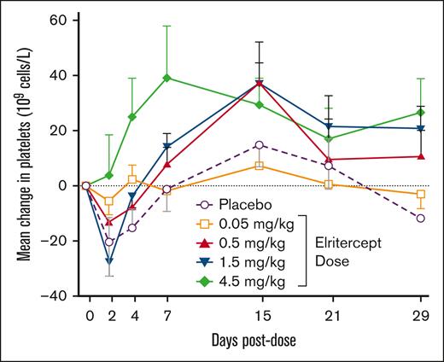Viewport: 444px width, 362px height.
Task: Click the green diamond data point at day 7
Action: point(167,78)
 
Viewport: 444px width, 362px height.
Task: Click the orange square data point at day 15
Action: point(259,166)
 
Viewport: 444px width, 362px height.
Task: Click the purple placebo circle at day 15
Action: point(259,144)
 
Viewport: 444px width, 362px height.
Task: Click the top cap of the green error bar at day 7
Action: point(167,26)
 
